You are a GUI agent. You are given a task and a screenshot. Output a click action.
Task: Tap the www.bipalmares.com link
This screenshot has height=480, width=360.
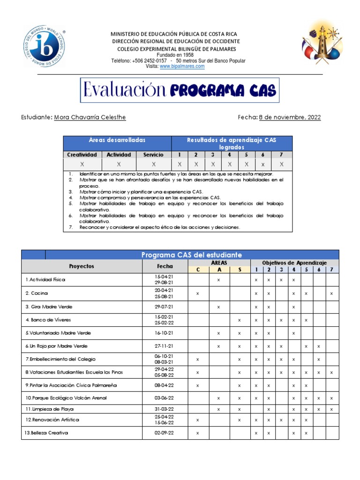click(182, 67)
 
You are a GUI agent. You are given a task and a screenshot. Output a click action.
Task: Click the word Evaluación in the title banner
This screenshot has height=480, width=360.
click(125, 90)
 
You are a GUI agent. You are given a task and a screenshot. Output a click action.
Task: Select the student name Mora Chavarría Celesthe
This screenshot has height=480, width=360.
click(90, 117)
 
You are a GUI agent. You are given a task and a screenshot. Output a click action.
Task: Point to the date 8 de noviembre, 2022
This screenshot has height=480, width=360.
click(290, 117)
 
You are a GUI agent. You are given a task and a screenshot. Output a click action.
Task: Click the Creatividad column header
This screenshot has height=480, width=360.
click(82, 155)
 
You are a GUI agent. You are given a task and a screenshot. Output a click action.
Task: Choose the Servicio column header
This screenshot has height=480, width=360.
click(154, 155)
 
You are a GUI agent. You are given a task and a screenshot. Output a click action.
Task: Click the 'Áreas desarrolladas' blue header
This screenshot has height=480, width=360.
click(117, 140)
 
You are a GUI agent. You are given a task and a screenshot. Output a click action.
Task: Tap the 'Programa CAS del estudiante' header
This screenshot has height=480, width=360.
click(192, 255)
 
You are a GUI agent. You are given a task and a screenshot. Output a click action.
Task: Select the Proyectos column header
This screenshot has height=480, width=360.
click(82, 266)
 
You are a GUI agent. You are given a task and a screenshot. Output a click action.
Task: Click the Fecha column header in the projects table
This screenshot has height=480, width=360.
click(165, 266)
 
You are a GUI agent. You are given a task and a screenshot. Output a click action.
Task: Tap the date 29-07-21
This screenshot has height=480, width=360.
click(165, 307)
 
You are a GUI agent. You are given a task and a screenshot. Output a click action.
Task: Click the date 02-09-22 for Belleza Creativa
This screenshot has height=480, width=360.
click(165, 433)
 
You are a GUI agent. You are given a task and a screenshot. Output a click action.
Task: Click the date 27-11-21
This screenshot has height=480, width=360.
click(165, 346)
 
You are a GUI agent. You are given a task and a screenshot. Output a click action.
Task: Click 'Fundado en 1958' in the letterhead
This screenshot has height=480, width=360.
click(176, 55)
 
